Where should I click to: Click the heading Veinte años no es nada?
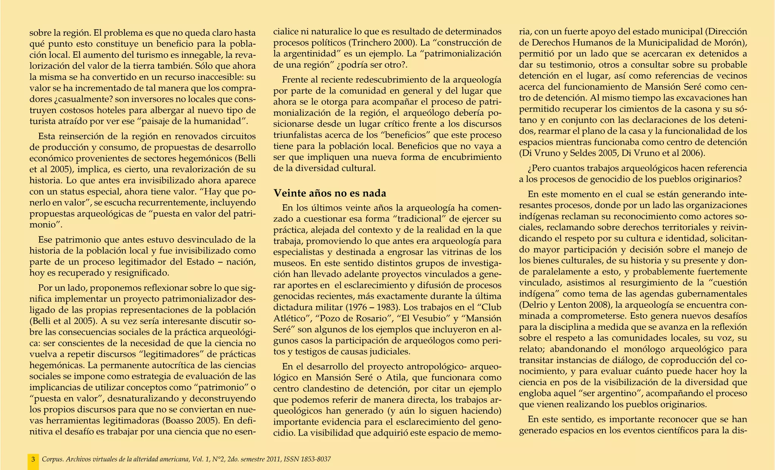tap(330, 193)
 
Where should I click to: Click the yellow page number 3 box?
tap(33, 459)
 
